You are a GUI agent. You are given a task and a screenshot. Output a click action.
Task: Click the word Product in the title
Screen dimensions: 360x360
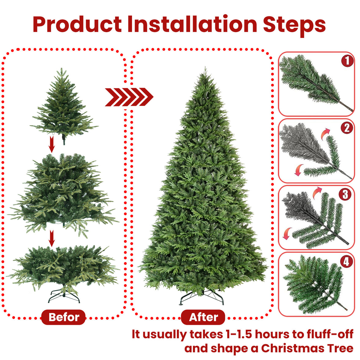77,24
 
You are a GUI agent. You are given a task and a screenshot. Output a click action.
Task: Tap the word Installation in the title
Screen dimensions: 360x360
192,24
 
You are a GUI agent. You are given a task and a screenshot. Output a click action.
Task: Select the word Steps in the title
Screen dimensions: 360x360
294,24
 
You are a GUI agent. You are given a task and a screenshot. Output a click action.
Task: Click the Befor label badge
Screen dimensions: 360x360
64,317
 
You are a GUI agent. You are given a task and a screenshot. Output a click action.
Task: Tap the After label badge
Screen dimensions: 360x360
203,317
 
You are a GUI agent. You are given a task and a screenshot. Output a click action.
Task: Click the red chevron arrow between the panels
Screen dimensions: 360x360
129,97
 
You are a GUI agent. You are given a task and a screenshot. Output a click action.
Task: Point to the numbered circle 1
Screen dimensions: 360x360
347,61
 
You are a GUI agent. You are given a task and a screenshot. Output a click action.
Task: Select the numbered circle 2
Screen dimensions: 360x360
347,127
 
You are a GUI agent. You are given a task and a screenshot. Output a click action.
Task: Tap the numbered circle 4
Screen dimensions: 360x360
346,261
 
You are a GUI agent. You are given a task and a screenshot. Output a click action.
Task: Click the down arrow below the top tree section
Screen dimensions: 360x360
52,144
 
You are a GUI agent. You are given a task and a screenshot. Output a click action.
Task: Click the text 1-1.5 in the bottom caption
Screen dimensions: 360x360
239,334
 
